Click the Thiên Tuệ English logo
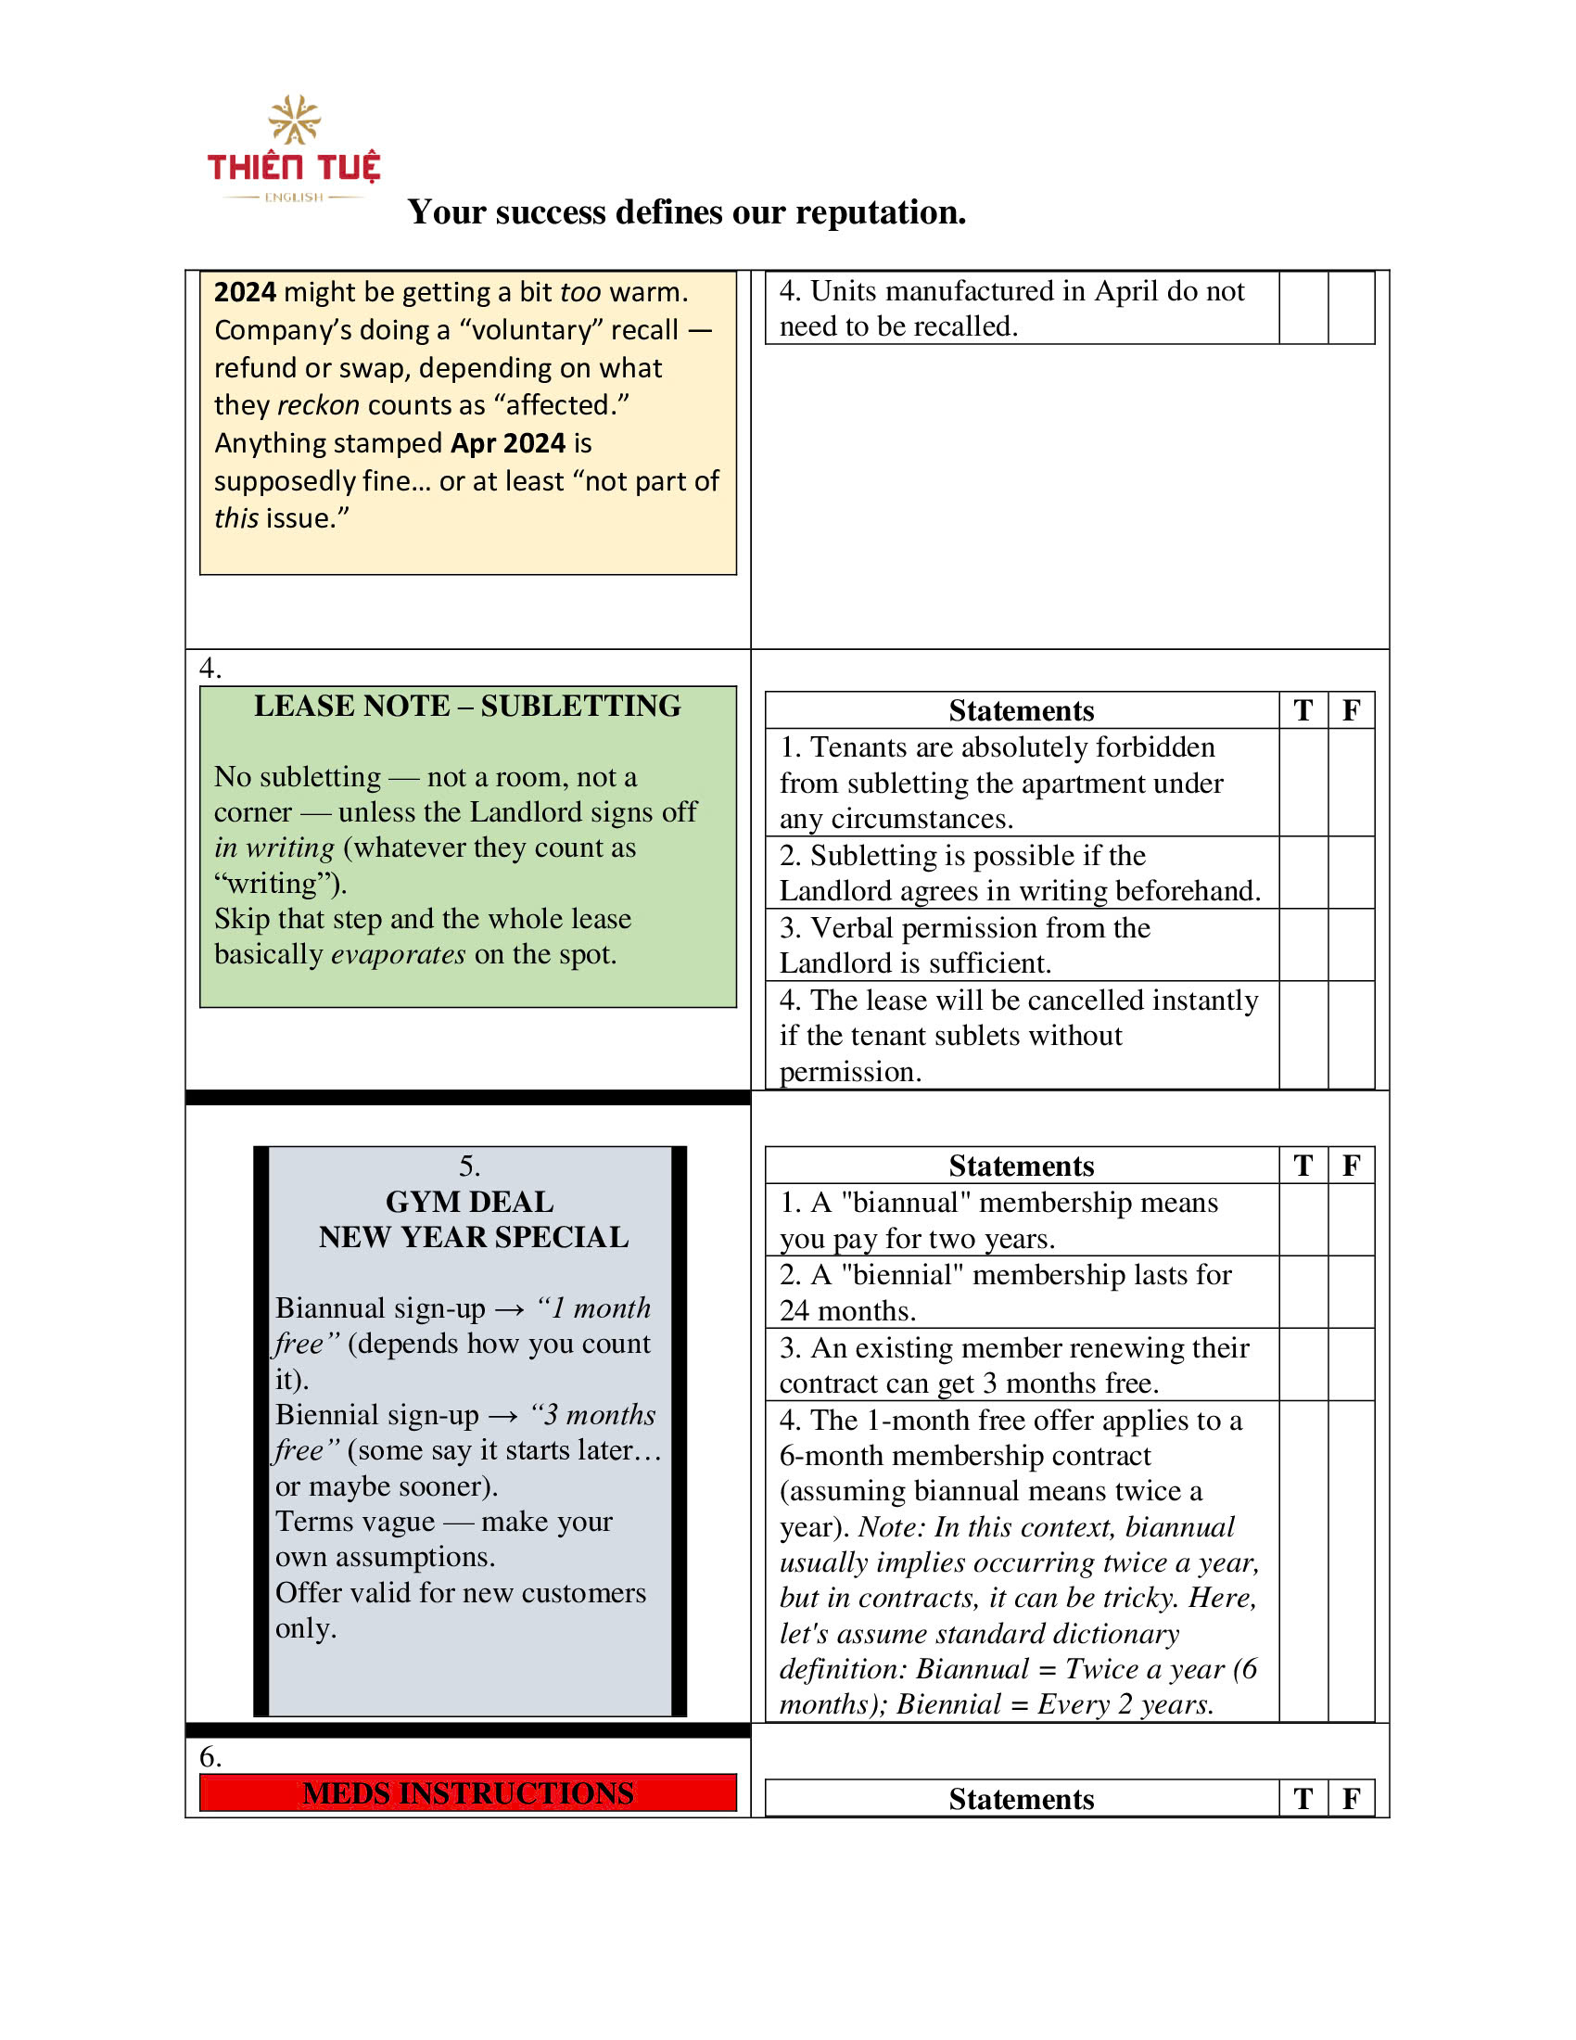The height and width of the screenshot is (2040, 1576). coord(293,149)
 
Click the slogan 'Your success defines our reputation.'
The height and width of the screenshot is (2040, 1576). coord(686,212)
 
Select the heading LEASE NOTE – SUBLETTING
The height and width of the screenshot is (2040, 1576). coord(467,707)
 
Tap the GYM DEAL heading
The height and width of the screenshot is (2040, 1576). coord(469,1201)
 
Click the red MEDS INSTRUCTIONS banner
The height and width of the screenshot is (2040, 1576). coord(468,1793)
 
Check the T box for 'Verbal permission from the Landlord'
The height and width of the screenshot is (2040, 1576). coord(1303,944)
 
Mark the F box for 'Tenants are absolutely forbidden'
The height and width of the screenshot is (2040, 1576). coord(1350,783)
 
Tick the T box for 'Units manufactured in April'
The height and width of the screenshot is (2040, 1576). coord(1303,308)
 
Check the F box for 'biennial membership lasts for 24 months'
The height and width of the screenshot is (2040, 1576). coord(1350,1292)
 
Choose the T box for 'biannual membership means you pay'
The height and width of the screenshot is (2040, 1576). coord(1303,1220)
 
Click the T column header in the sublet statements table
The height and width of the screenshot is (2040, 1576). coord(1303,711)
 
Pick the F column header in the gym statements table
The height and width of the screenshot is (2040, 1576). coord(1350,1166)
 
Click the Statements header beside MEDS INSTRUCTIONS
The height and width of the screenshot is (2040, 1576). coord(1021,1799)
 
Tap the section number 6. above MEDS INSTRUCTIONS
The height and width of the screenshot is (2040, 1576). coord(210,1757)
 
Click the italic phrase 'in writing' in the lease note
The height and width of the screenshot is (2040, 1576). coord(273,848)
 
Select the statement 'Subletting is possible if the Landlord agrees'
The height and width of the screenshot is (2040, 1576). coord(1020,873)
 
